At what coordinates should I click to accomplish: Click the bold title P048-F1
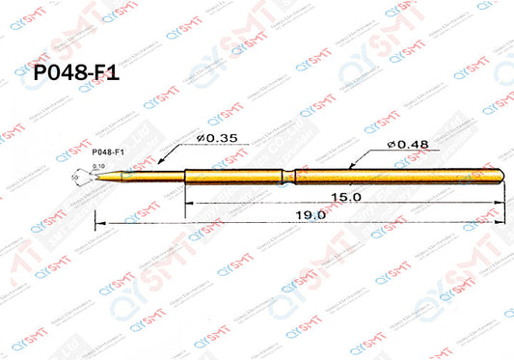75,74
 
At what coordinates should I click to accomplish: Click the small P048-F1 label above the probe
107,152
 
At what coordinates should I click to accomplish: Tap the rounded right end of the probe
503,175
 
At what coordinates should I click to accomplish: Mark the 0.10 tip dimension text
97,167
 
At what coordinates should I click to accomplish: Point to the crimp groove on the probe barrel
285,175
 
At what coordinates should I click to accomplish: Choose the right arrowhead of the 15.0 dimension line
503,203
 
